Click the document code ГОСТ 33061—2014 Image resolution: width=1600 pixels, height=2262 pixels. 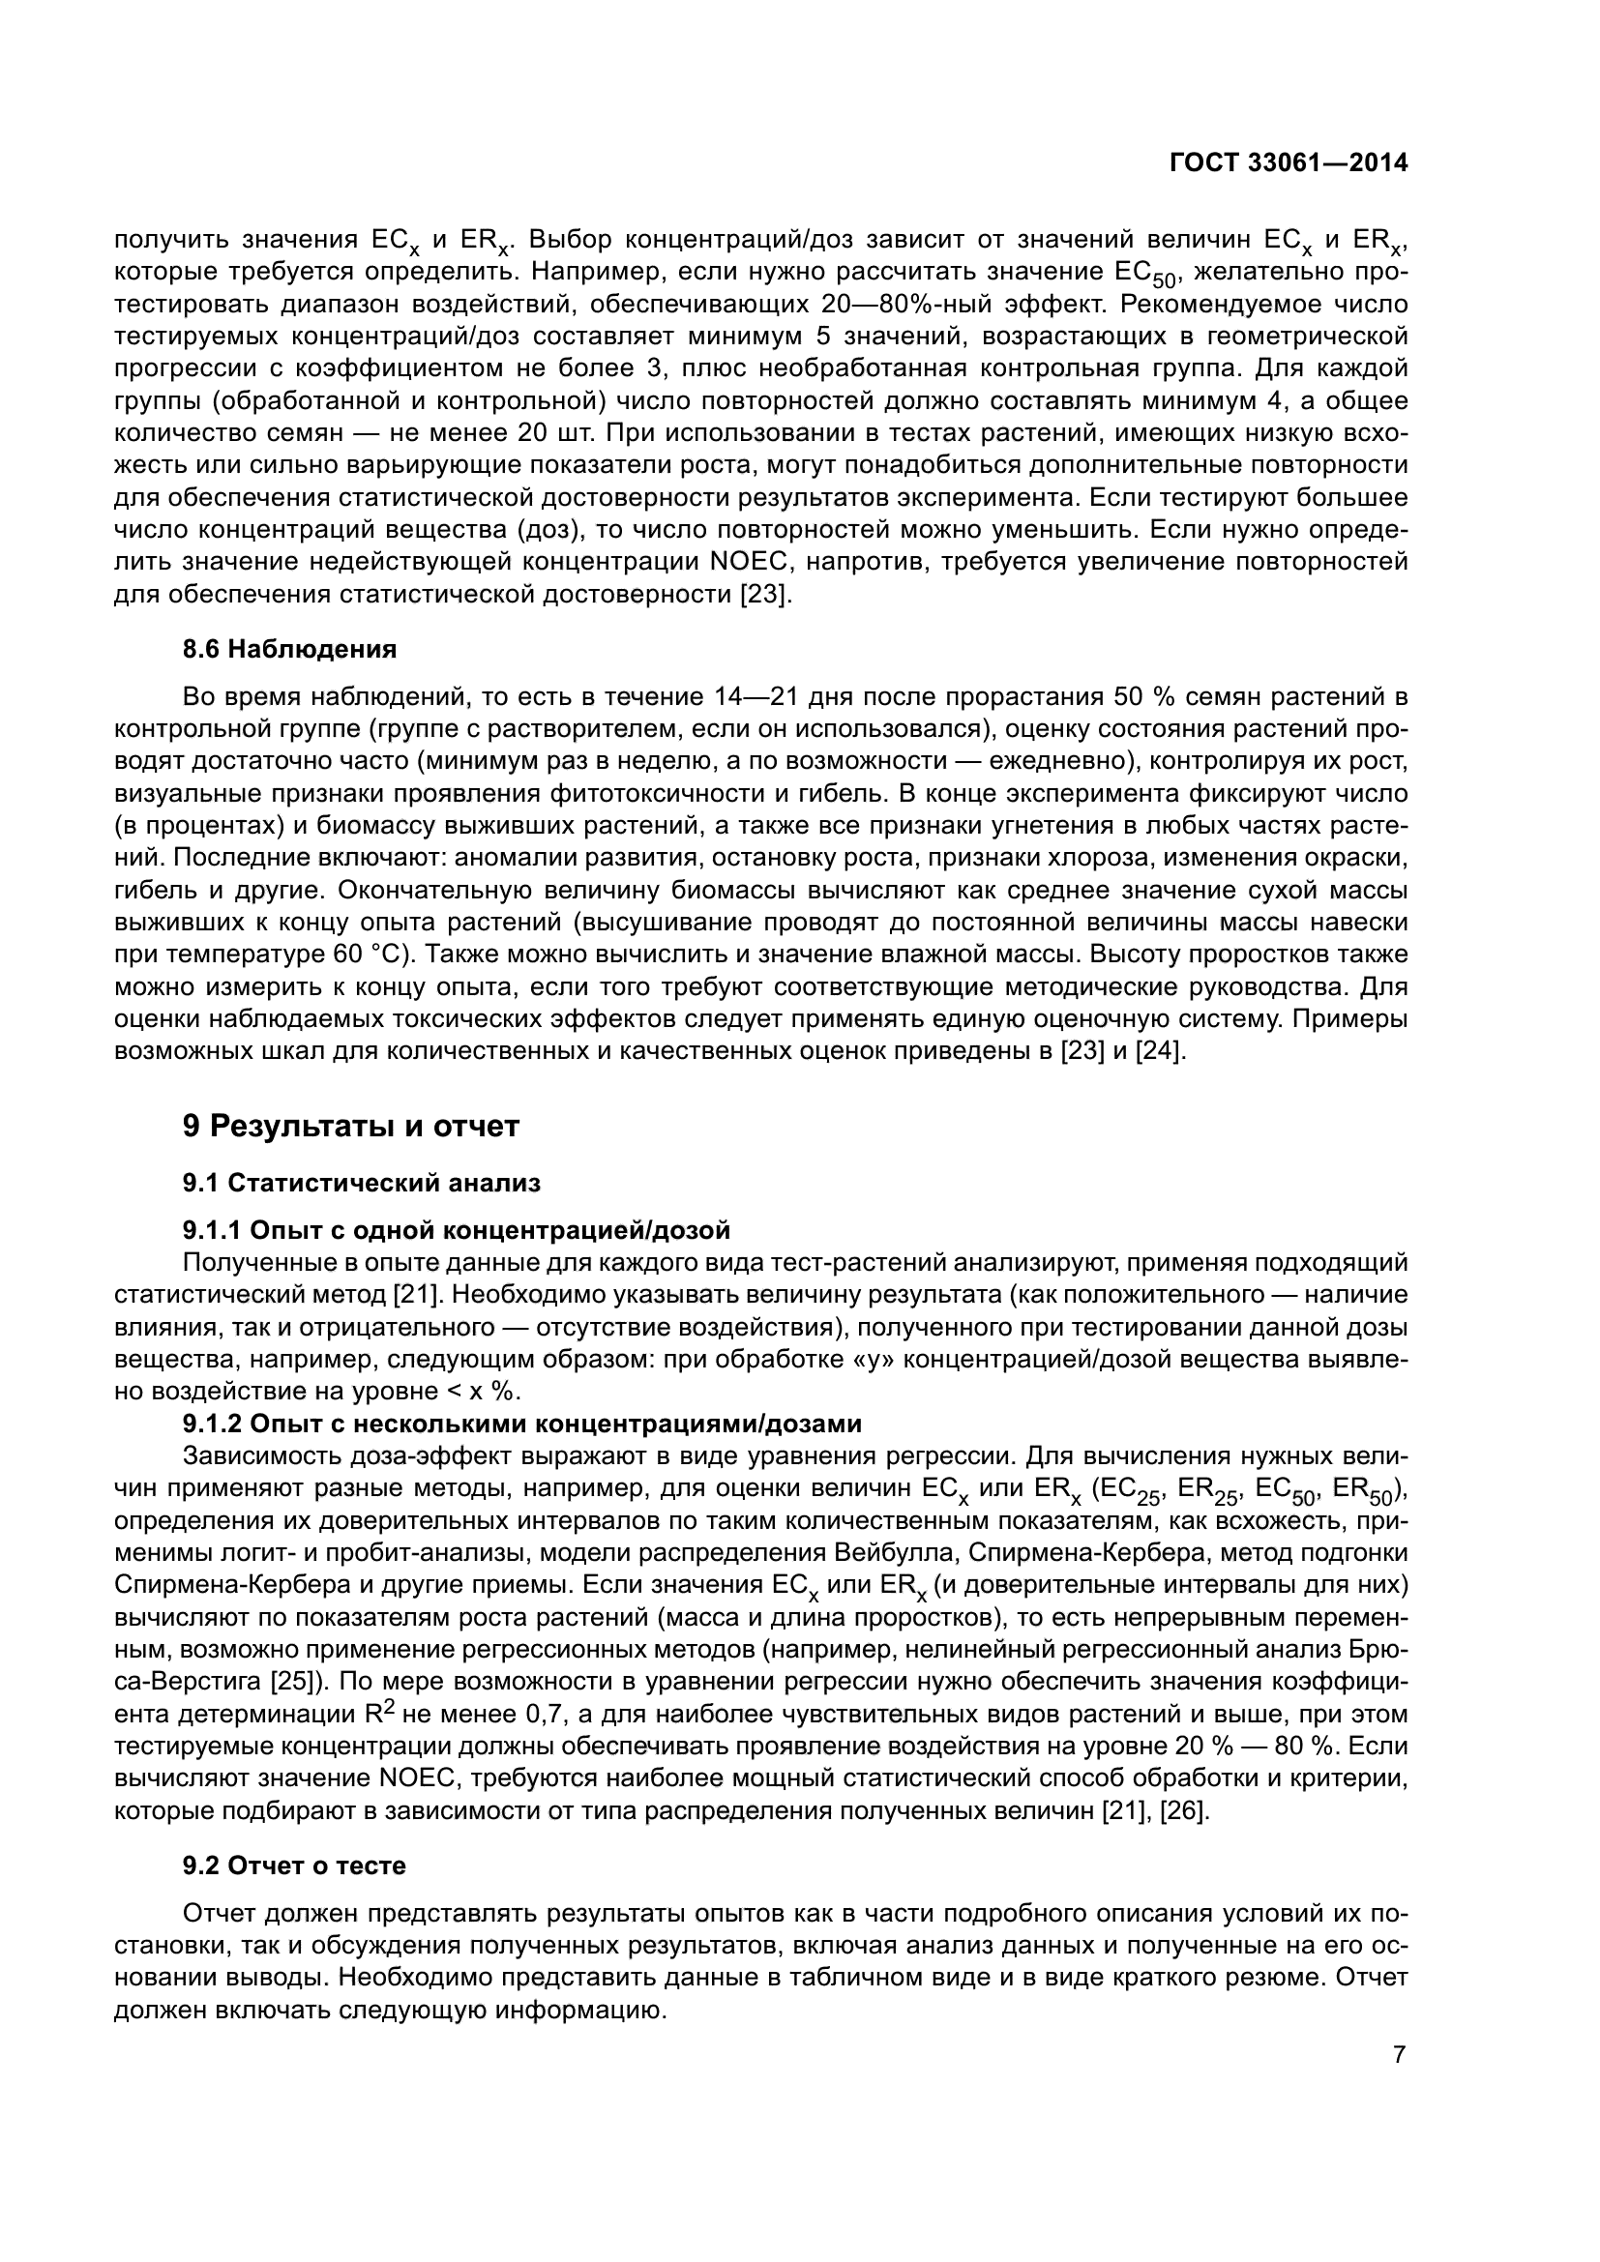tap(1289, 163)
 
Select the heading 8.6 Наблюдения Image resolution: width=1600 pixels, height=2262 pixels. tap(289, 649)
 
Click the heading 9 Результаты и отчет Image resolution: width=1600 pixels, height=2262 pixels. tap(351, 1126)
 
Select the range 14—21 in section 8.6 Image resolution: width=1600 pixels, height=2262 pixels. tap(755, 697)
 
